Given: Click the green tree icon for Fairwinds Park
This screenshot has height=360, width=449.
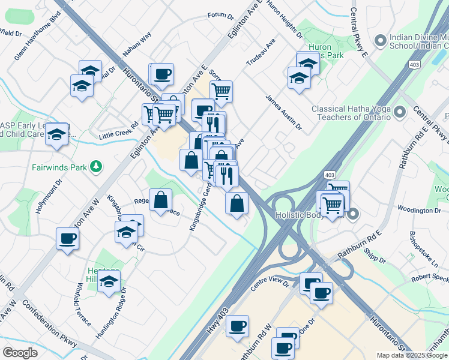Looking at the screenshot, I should click(95, 166).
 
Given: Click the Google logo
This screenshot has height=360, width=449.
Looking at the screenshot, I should click(20, 353).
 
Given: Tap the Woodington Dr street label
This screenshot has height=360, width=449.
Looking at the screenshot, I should click(424, 211).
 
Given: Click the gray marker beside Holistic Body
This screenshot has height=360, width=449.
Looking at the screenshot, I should click(354, 214).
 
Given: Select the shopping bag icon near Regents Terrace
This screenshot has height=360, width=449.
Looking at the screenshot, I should click(161, 200).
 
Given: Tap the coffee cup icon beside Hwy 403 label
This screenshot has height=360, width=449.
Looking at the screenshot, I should click(237, 326).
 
